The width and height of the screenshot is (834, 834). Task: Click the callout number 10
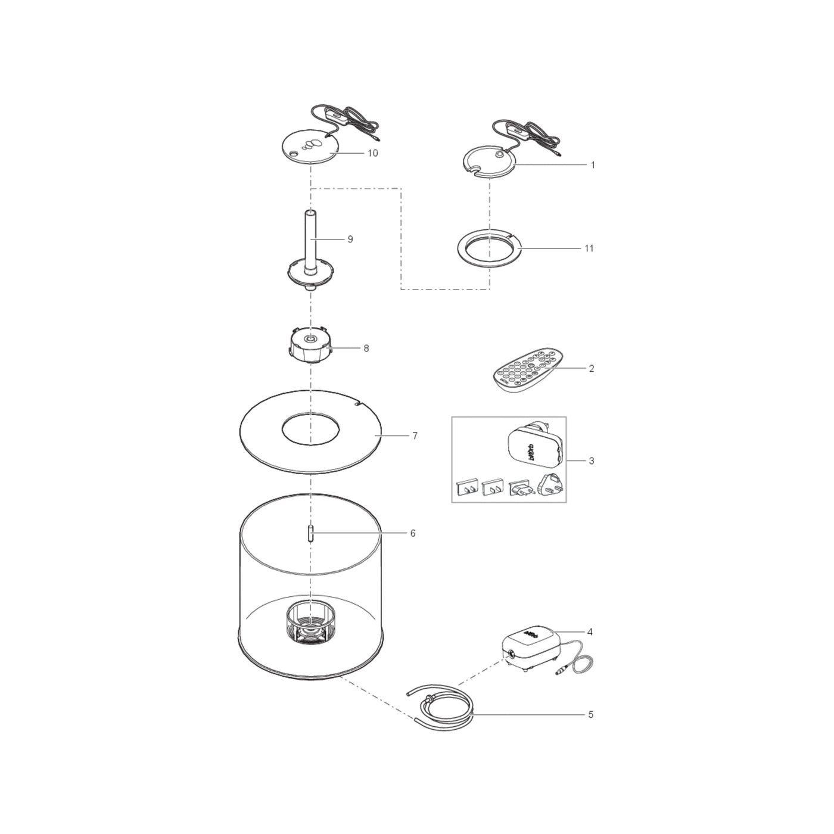point(372,153)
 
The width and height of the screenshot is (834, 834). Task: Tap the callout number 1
point(593,165)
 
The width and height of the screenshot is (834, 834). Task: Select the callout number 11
point(589,248)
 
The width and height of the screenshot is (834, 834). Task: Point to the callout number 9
point(350,239)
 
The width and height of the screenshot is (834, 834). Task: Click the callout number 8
point(366,348)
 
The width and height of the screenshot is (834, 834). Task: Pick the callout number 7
point(415,436)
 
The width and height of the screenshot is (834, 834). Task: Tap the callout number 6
point(412,533)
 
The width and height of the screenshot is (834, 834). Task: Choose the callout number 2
point(591,368)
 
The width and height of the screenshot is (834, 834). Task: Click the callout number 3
point(591,461)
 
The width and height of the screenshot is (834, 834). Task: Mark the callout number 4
point(590,632)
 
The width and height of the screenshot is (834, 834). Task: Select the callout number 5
point(591,714)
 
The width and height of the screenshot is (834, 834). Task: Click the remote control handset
point(528,370)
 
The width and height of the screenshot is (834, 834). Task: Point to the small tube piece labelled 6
point(310,533)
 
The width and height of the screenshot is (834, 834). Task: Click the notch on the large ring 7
point(356,403)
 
